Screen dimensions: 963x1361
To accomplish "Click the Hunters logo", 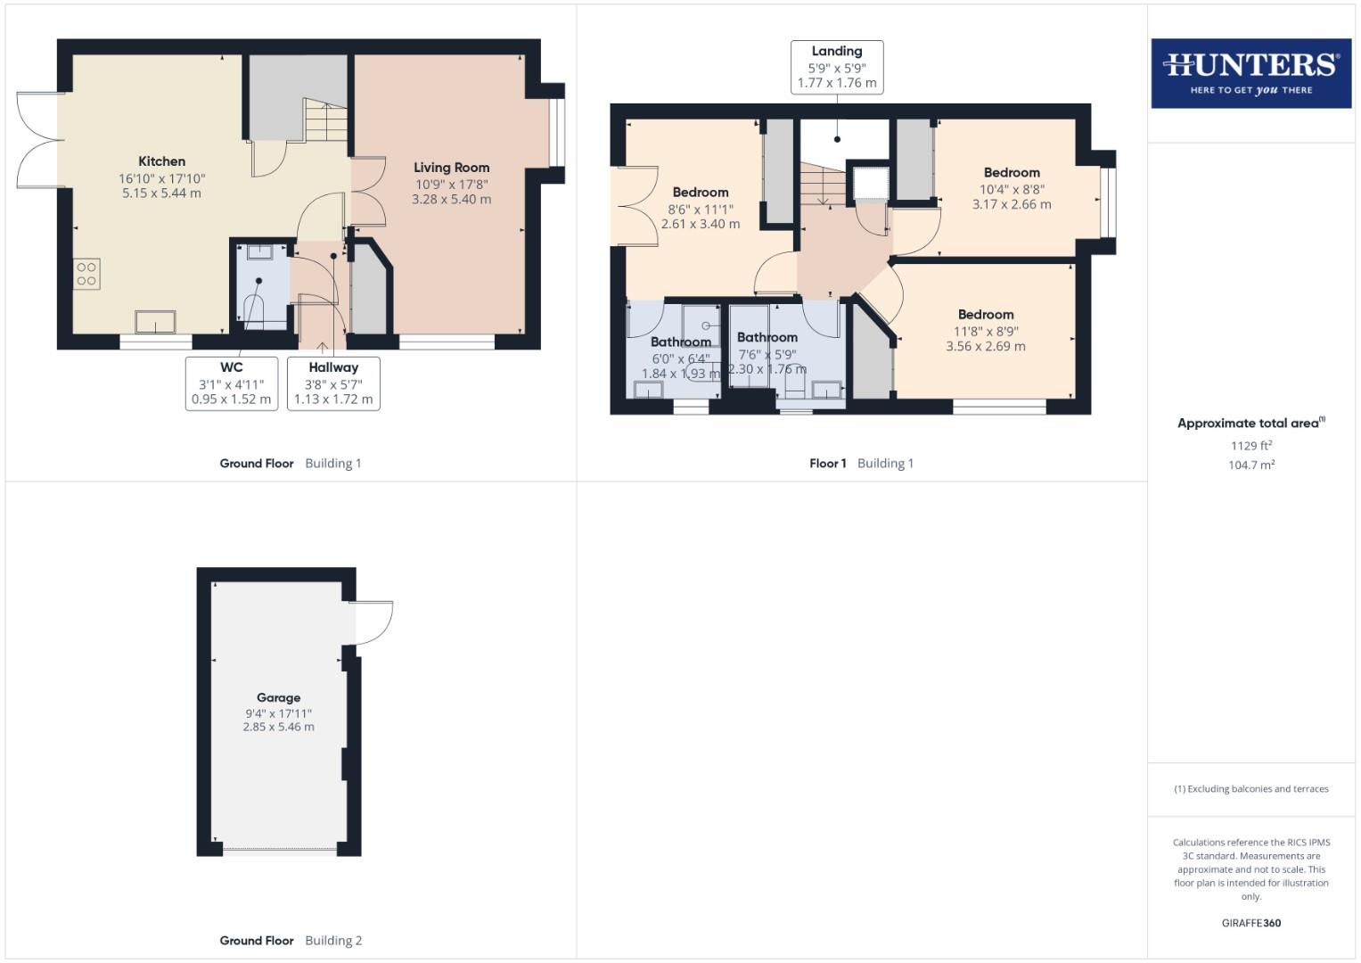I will (x=1250, y=73).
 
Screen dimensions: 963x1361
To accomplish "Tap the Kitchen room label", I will (x=161, y=161).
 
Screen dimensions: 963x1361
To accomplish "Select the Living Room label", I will (x=451, y=168).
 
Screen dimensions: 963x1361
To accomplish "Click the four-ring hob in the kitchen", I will (x=86, y=274).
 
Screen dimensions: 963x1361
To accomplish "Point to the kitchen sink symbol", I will (x=155, y=321).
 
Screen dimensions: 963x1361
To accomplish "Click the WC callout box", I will (x=231, y=383).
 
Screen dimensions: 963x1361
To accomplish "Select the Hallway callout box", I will (x=333, y=383).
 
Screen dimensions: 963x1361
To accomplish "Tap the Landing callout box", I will (x=836, y=67).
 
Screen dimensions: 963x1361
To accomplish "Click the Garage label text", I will (x=278, y=698).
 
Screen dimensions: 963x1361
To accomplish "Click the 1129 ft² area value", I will (x=1250, y=446).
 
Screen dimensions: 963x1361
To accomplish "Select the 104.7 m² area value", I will (x=1250, y=465).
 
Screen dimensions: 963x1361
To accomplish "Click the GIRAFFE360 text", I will (x=1250, y=923).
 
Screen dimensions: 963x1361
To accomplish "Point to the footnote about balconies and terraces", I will (x=1250, y=789).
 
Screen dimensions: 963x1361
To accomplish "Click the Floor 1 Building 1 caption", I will (x=861, y=464).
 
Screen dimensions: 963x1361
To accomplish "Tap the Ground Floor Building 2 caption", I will (x=291, y=941).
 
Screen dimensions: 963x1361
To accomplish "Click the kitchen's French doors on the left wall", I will (x=37, y=140).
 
